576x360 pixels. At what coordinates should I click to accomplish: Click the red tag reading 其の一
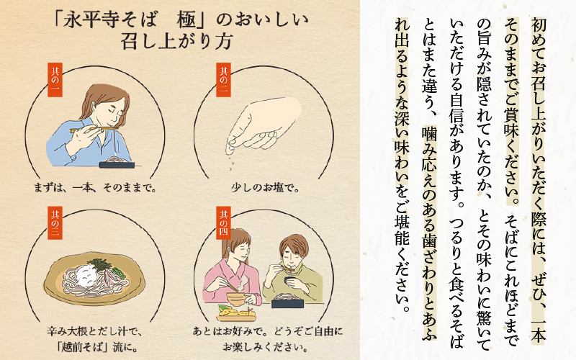55,79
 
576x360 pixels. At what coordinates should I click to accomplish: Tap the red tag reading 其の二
223,79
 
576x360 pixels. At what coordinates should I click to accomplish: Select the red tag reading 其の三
55,223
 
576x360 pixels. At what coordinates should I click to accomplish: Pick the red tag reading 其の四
223,223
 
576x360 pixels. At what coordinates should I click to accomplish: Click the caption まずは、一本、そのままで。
96,188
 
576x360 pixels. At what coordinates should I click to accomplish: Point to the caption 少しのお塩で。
265,188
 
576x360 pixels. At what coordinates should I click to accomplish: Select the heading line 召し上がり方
176,42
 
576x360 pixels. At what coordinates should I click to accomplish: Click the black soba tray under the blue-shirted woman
117,163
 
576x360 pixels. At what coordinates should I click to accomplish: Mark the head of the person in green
294,251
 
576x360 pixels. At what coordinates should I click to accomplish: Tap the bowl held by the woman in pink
237,299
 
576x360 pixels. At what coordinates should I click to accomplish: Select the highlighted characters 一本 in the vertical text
539,331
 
